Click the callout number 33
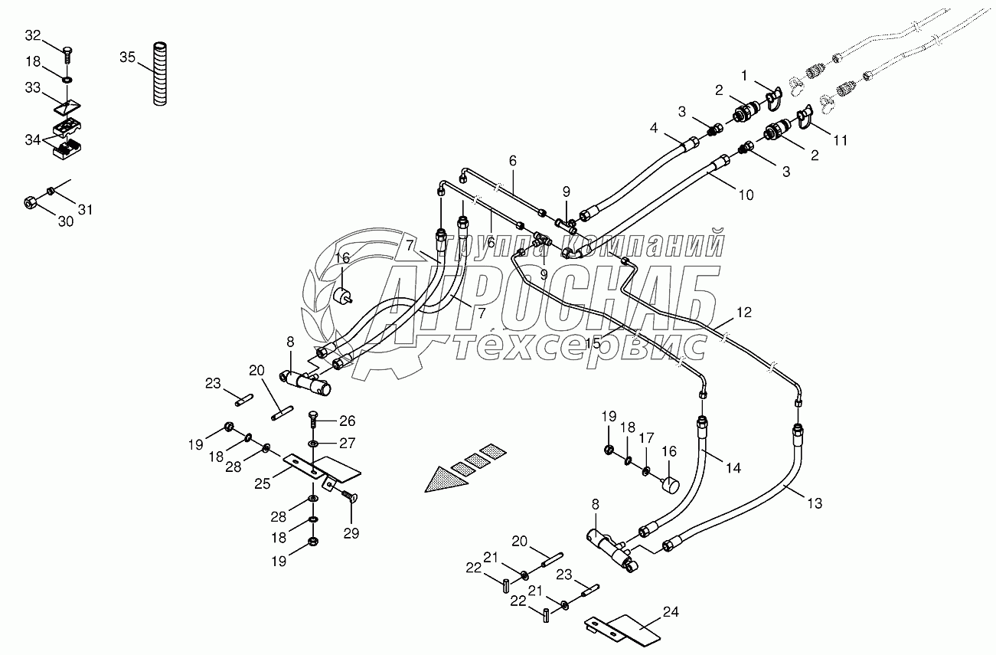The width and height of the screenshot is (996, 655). point(33,88)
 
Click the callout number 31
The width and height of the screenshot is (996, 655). point(84,210)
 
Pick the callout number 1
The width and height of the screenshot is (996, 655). point(743,75)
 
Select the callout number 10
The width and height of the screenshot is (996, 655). point(746,195)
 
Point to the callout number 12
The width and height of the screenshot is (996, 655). point(744,313)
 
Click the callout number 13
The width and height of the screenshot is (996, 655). point(814,503)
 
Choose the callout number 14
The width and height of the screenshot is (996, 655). point(733,467)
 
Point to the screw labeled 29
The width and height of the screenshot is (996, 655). point(350,498)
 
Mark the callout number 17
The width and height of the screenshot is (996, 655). point(647,438)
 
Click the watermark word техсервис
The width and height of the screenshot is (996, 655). point(580,347)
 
